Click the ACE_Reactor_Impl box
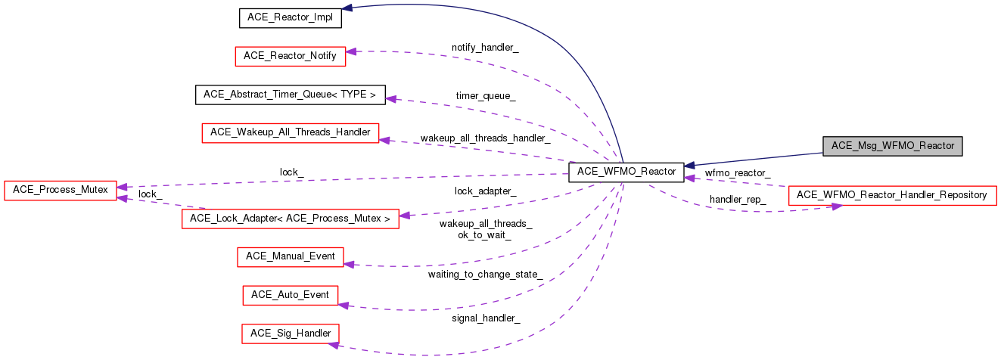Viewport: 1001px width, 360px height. coord(291,18)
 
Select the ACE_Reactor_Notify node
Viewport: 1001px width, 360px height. coord(291,56)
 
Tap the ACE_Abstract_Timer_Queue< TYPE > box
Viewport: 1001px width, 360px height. coord(290,95)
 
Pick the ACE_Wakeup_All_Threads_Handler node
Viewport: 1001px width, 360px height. coord(290,132)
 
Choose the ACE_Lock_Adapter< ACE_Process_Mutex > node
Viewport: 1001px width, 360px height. coord(290,219)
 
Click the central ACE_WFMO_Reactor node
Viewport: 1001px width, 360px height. coord(626,172)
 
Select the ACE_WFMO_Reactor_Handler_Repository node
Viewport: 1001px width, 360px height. coord(892,195)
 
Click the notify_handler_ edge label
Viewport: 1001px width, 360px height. coord(485,47)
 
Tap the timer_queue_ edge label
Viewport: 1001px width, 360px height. coord(485,96)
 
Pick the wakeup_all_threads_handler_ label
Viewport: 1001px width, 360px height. coord(485,138)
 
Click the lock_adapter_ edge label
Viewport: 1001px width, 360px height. coord(485,191)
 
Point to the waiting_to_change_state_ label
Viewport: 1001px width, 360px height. coord(485,274)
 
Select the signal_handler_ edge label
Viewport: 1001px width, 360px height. coord(485,318)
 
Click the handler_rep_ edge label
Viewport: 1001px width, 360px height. coord(737,200)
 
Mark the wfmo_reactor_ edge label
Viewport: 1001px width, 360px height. coord(737,173)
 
